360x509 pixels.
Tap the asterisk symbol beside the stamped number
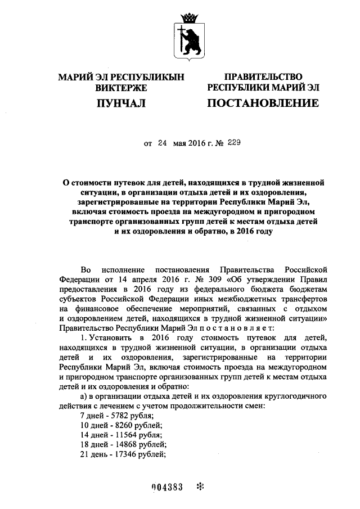(x=198, y=488)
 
